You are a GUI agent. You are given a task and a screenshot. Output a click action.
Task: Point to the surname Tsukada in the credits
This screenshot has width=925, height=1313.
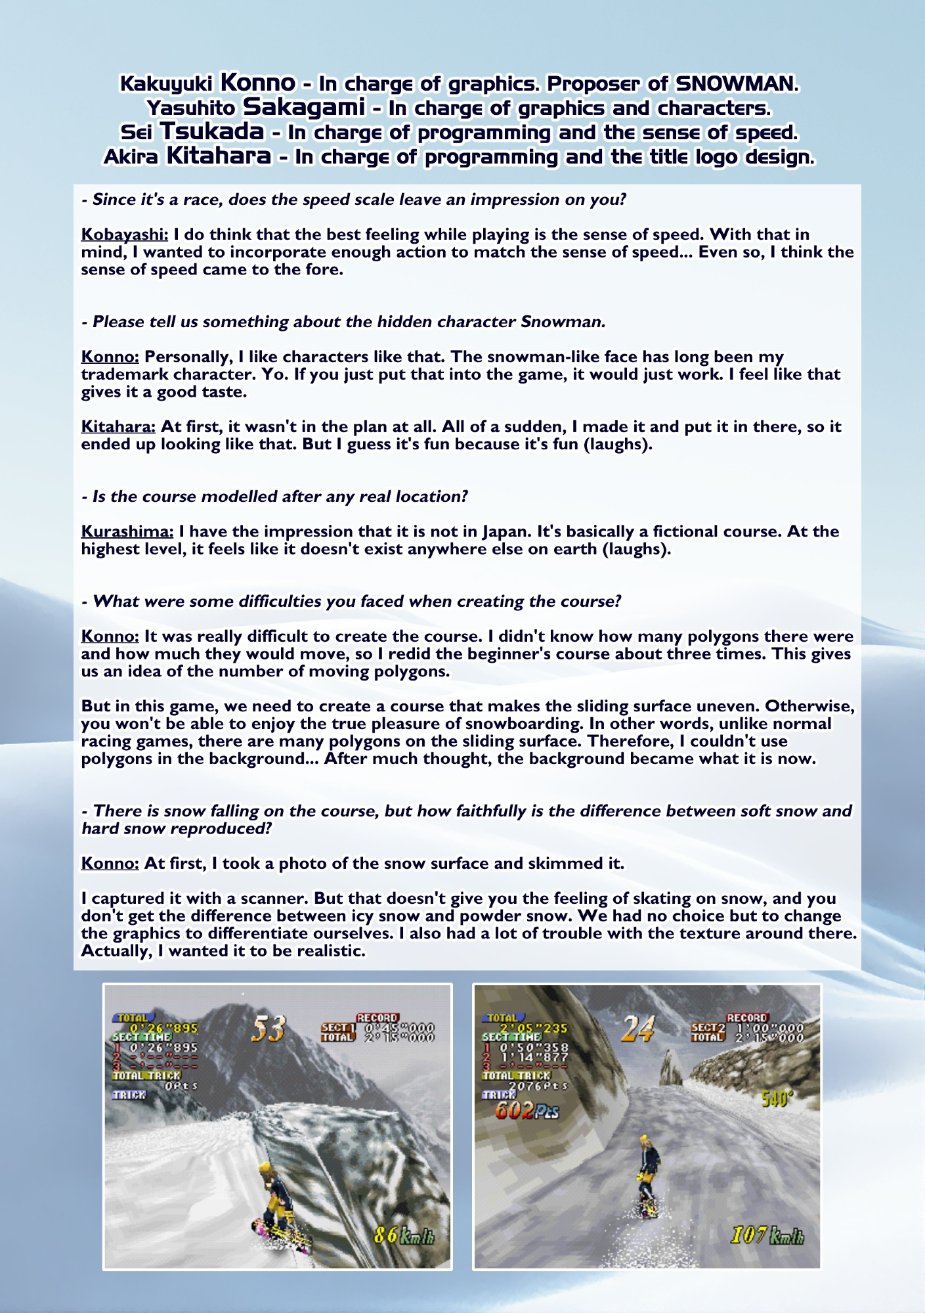click(x=212, y=132)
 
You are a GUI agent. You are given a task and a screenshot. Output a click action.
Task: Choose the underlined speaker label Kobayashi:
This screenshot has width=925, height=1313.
click(x=125, y=234)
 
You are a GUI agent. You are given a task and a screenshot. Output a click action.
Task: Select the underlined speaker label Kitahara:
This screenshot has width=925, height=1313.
click(x=118, y=427)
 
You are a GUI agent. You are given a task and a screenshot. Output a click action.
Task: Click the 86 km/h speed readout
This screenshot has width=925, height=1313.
click(x=403, y=1235)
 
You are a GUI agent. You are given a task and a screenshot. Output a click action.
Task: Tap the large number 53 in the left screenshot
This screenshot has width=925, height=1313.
click(x=269, y=1029)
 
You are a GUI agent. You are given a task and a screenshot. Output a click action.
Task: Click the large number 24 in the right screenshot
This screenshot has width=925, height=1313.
click(x=637, y=1029)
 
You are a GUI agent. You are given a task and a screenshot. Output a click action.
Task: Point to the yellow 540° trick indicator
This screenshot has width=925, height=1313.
click(x=775, y=1098)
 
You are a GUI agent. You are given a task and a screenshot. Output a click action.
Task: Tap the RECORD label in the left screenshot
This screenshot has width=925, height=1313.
click(x=377, y=1018)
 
